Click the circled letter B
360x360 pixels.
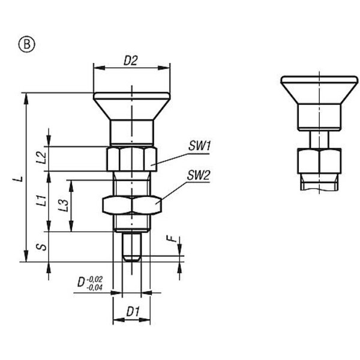(27, 44)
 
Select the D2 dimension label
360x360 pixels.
(131, 61)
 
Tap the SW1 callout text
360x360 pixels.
(199, 146)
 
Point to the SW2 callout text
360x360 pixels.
(199, 176)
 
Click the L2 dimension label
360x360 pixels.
(41, 158)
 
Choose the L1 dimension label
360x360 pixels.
(41, 200)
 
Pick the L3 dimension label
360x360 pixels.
(64, 205)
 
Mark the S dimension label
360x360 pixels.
(42, 247)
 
